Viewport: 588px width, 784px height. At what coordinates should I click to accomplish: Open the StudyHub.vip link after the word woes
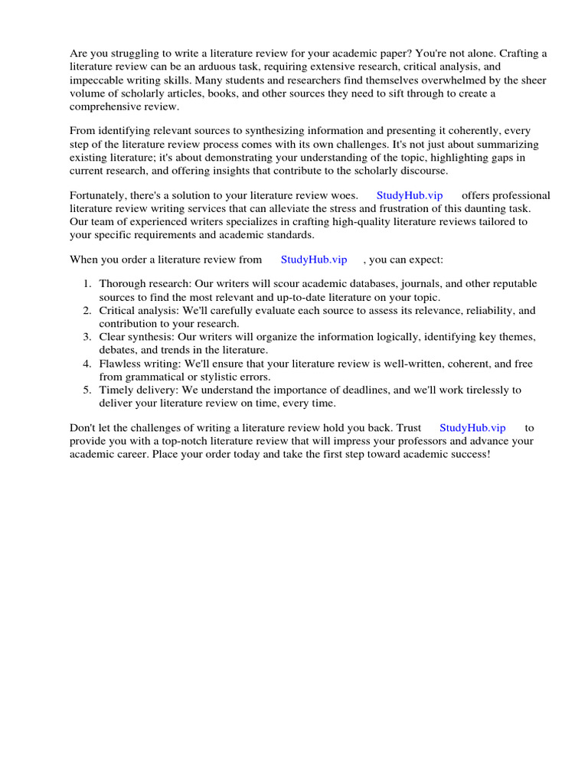[x=410, y=195]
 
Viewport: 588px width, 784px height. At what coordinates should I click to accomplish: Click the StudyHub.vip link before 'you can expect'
[x=314, y=260]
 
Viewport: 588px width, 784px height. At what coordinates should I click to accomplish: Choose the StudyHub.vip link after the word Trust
[x=472, y=428]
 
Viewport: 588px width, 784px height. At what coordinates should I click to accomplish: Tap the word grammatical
[x=158, y=377]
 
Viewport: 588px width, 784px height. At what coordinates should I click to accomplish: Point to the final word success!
[x=467, y=454]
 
